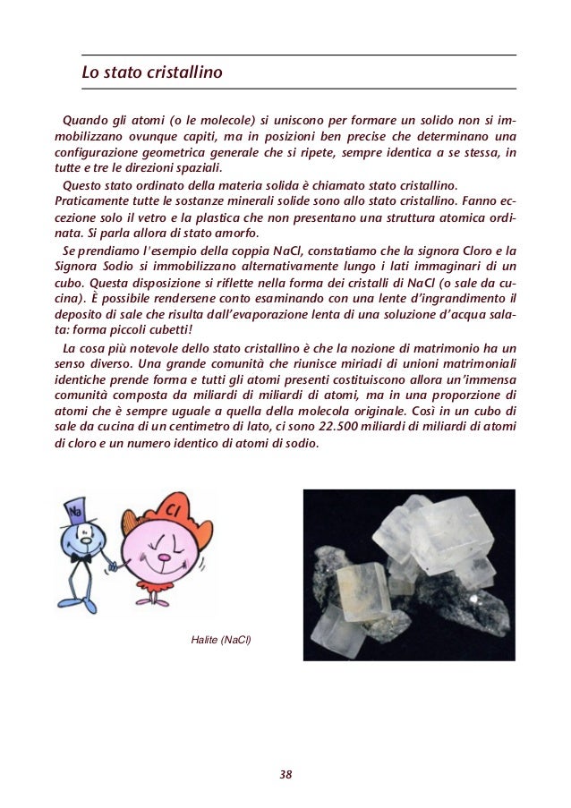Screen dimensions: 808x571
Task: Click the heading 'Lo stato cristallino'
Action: [x=151, y=72]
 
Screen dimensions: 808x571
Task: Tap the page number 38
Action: [x=285, y=774]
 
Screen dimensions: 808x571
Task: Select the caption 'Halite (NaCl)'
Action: [x=221, y=639]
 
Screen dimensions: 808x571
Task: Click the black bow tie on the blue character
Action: [x=82, y=557]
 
